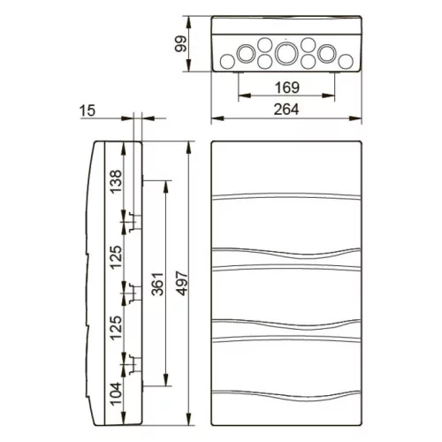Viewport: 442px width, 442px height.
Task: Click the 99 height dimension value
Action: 180,43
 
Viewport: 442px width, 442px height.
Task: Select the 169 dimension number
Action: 286,88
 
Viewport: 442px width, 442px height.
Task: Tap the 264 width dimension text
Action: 286,110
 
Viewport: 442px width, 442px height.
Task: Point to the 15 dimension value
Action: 88,110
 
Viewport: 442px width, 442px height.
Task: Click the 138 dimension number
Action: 116,181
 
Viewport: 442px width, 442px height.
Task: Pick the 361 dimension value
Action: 157,284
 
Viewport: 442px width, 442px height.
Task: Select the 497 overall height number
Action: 181,284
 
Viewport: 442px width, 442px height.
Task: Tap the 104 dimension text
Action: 116,393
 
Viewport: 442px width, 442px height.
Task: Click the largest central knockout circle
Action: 286,53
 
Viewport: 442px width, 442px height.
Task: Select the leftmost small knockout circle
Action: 227,62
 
